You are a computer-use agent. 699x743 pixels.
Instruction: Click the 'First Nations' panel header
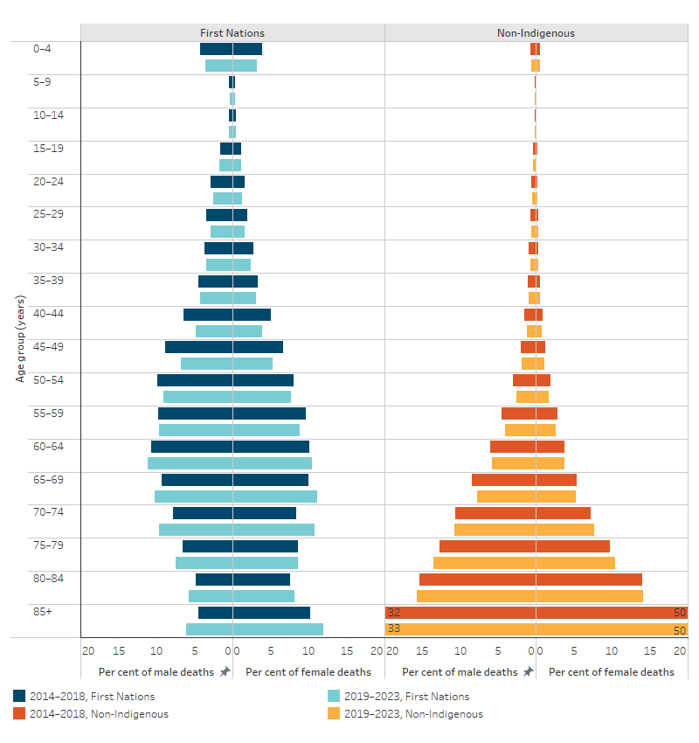pyautogui.click(x=232, y=33)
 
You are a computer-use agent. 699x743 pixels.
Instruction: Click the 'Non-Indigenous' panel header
pyautogui.click(x=536, y=33)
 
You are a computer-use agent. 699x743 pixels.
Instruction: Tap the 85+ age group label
pyautogui.click(x=43, y=611)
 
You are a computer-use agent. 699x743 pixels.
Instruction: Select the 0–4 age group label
pyautogui.click(x=42, y=49)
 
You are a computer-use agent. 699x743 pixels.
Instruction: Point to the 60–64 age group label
pyautogui.click(x=43, y=446)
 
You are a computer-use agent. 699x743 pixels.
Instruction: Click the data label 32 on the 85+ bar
pyautogui.click(x=393, y=613)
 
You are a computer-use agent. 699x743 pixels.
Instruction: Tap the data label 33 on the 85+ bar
pyautogui.click(x=393, y=629)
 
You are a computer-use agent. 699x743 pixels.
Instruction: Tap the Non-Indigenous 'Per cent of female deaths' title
pyautogui.click(x=611, y=672)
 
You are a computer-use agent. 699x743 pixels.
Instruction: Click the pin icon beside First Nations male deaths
pyautogui.click(x=225, y=672)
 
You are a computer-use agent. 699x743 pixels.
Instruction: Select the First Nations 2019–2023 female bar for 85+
pyautogui.click(x=278, y=629)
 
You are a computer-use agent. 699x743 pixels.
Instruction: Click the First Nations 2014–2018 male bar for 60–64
pyautogui.click(x=191, y=447)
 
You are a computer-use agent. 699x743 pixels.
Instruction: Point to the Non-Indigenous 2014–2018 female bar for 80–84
pyautogui.click(x=589, y=580)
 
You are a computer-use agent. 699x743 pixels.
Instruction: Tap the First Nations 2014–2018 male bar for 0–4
pyautogui.click(x=216, y=49)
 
